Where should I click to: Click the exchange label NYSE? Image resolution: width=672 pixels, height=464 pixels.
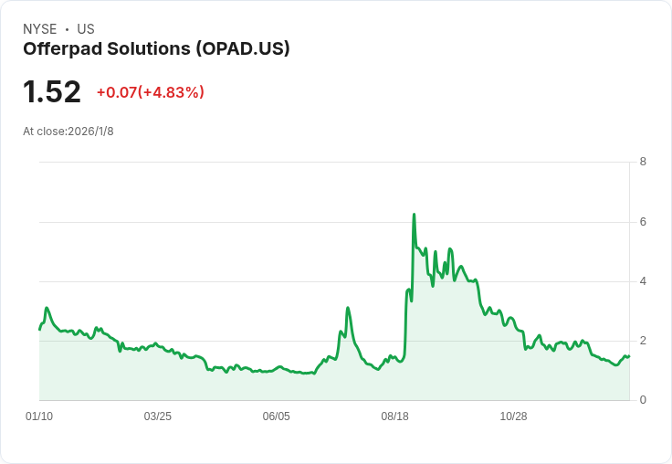coord(40,29)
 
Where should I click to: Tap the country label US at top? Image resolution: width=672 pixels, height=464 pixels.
coord(86,29)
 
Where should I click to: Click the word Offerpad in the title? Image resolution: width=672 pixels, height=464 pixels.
coord(63,48)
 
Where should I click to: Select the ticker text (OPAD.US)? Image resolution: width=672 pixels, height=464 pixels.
coord(243,48)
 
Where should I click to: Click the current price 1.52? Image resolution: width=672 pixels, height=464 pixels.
coord(52,91)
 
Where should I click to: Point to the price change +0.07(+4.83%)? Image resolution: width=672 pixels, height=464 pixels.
coord(151,92)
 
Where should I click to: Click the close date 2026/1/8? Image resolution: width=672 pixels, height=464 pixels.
coord(91,132)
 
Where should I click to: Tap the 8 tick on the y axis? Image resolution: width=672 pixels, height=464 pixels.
coord(643,162)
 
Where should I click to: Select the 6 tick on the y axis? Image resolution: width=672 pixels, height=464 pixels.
coord(643,222)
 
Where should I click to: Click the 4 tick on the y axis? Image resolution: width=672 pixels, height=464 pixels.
coord(643,281)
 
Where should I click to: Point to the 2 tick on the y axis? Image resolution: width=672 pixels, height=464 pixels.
coord(643,341)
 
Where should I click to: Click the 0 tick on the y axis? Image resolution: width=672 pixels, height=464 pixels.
coord(643,400)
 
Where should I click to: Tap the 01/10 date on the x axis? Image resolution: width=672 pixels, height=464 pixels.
coord(39,417)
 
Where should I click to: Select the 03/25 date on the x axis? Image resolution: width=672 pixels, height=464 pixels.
coord(158,417)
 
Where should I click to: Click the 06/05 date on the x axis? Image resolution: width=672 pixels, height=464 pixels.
coord(277,417)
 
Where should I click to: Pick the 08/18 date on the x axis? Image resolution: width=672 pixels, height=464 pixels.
coord(394,417)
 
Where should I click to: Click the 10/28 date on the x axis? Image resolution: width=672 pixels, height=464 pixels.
coord(513,417)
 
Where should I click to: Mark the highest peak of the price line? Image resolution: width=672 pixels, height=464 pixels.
coord(414,214)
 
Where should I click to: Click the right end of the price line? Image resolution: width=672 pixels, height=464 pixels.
coord(629,356)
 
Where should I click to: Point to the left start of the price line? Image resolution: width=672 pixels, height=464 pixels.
coord(40,330)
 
